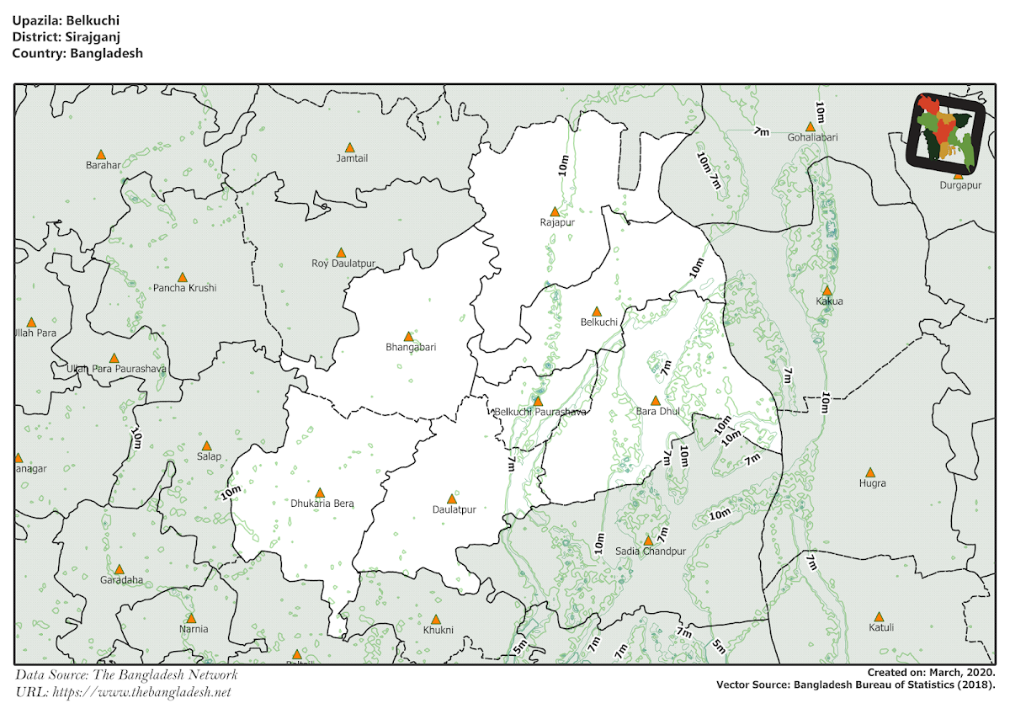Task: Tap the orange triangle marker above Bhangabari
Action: click(409, 336)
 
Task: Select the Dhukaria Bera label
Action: click(322, 504)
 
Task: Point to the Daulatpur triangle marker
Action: click(452, 498)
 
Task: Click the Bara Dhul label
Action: click(658, 412)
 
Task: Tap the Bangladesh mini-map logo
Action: click(946, 131)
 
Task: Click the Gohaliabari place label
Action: click(812, 137)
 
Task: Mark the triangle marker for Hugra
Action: click(870, 472)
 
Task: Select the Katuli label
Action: click(881, 627)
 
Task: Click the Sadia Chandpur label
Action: click(651, 551)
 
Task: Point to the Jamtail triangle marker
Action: click(350, 147)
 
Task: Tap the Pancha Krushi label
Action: click(184, 288)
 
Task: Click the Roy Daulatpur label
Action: click(343, 264)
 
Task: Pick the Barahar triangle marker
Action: click(101, 154)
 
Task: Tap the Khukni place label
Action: click(439, 630)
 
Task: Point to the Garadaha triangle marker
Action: click(120, 570)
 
